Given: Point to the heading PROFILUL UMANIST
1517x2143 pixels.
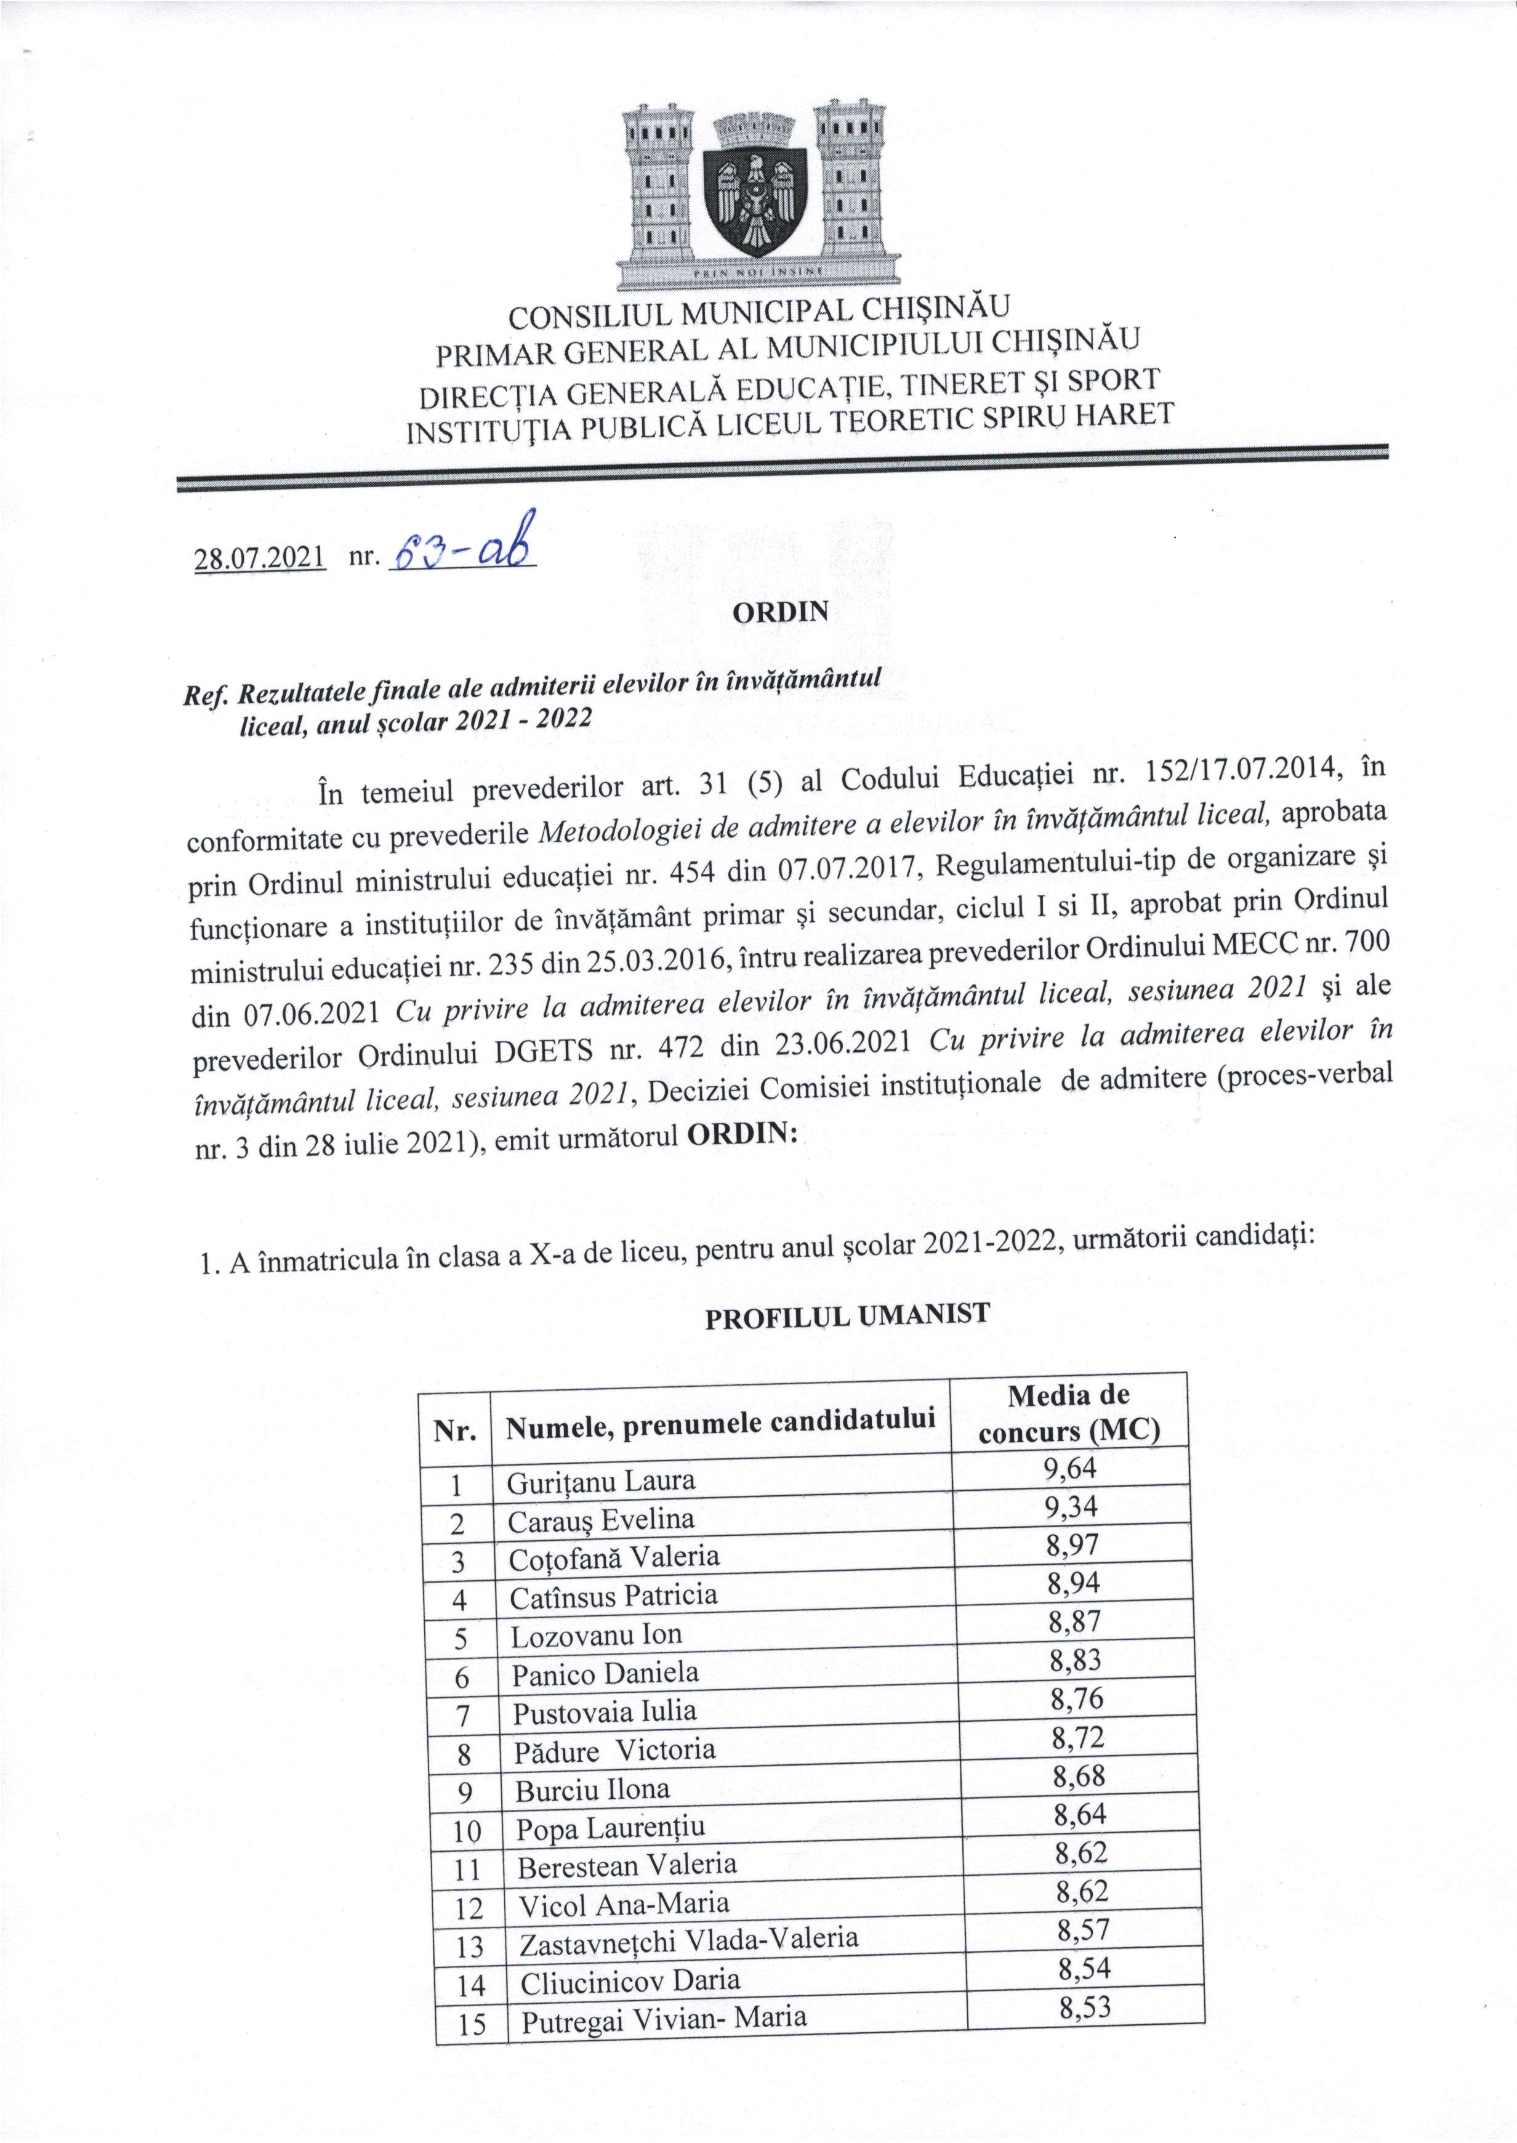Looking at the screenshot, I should pos(847,1317).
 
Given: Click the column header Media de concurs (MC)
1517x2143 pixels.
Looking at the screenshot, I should pos(1069,1413).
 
